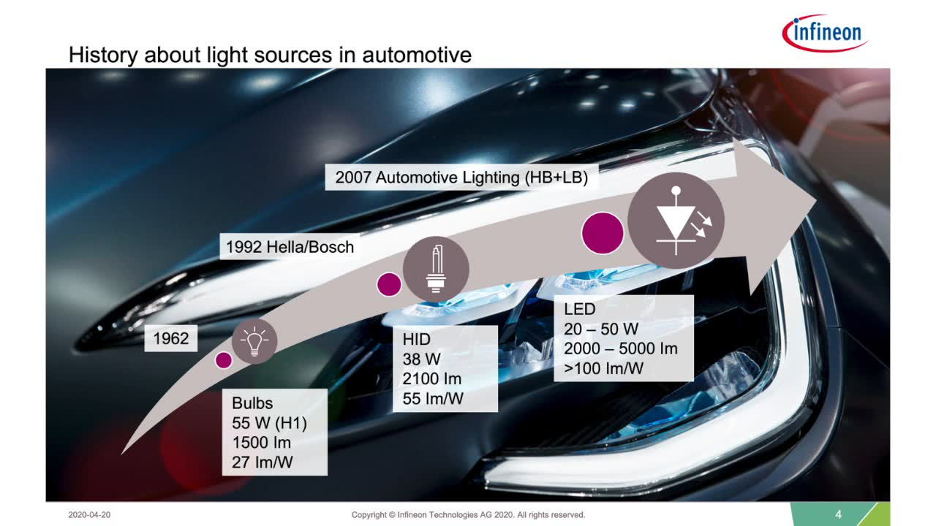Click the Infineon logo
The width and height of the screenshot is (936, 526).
(824, 33)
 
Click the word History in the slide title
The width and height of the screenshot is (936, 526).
(103, 55)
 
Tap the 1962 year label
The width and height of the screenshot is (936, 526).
(171, 338)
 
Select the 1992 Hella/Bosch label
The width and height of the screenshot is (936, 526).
(290, 247)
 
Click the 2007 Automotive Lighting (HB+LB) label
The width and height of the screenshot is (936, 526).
(461, 178)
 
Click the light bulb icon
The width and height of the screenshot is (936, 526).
(254, 341)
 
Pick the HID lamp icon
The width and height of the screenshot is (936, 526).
(436, 270)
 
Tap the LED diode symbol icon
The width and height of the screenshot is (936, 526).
(676, 221)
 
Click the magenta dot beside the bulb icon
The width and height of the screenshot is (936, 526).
(224, 360)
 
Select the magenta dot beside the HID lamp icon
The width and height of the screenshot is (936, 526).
(389, 284)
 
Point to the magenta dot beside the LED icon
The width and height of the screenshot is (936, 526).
(603, 233)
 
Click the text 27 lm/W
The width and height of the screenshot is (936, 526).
(263, 462)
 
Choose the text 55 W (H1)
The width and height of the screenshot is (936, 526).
(270, 423)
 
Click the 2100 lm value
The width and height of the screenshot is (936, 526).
(432, 378)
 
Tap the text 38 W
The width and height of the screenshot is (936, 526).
(422, 359)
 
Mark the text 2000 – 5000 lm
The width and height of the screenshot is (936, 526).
(621, 348)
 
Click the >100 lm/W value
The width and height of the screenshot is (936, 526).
(603, 368)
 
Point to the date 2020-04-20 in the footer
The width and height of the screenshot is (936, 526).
(89, 515)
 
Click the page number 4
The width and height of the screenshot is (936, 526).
(838, 514)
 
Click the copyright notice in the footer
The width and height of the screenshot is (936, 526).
(468, 515)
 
